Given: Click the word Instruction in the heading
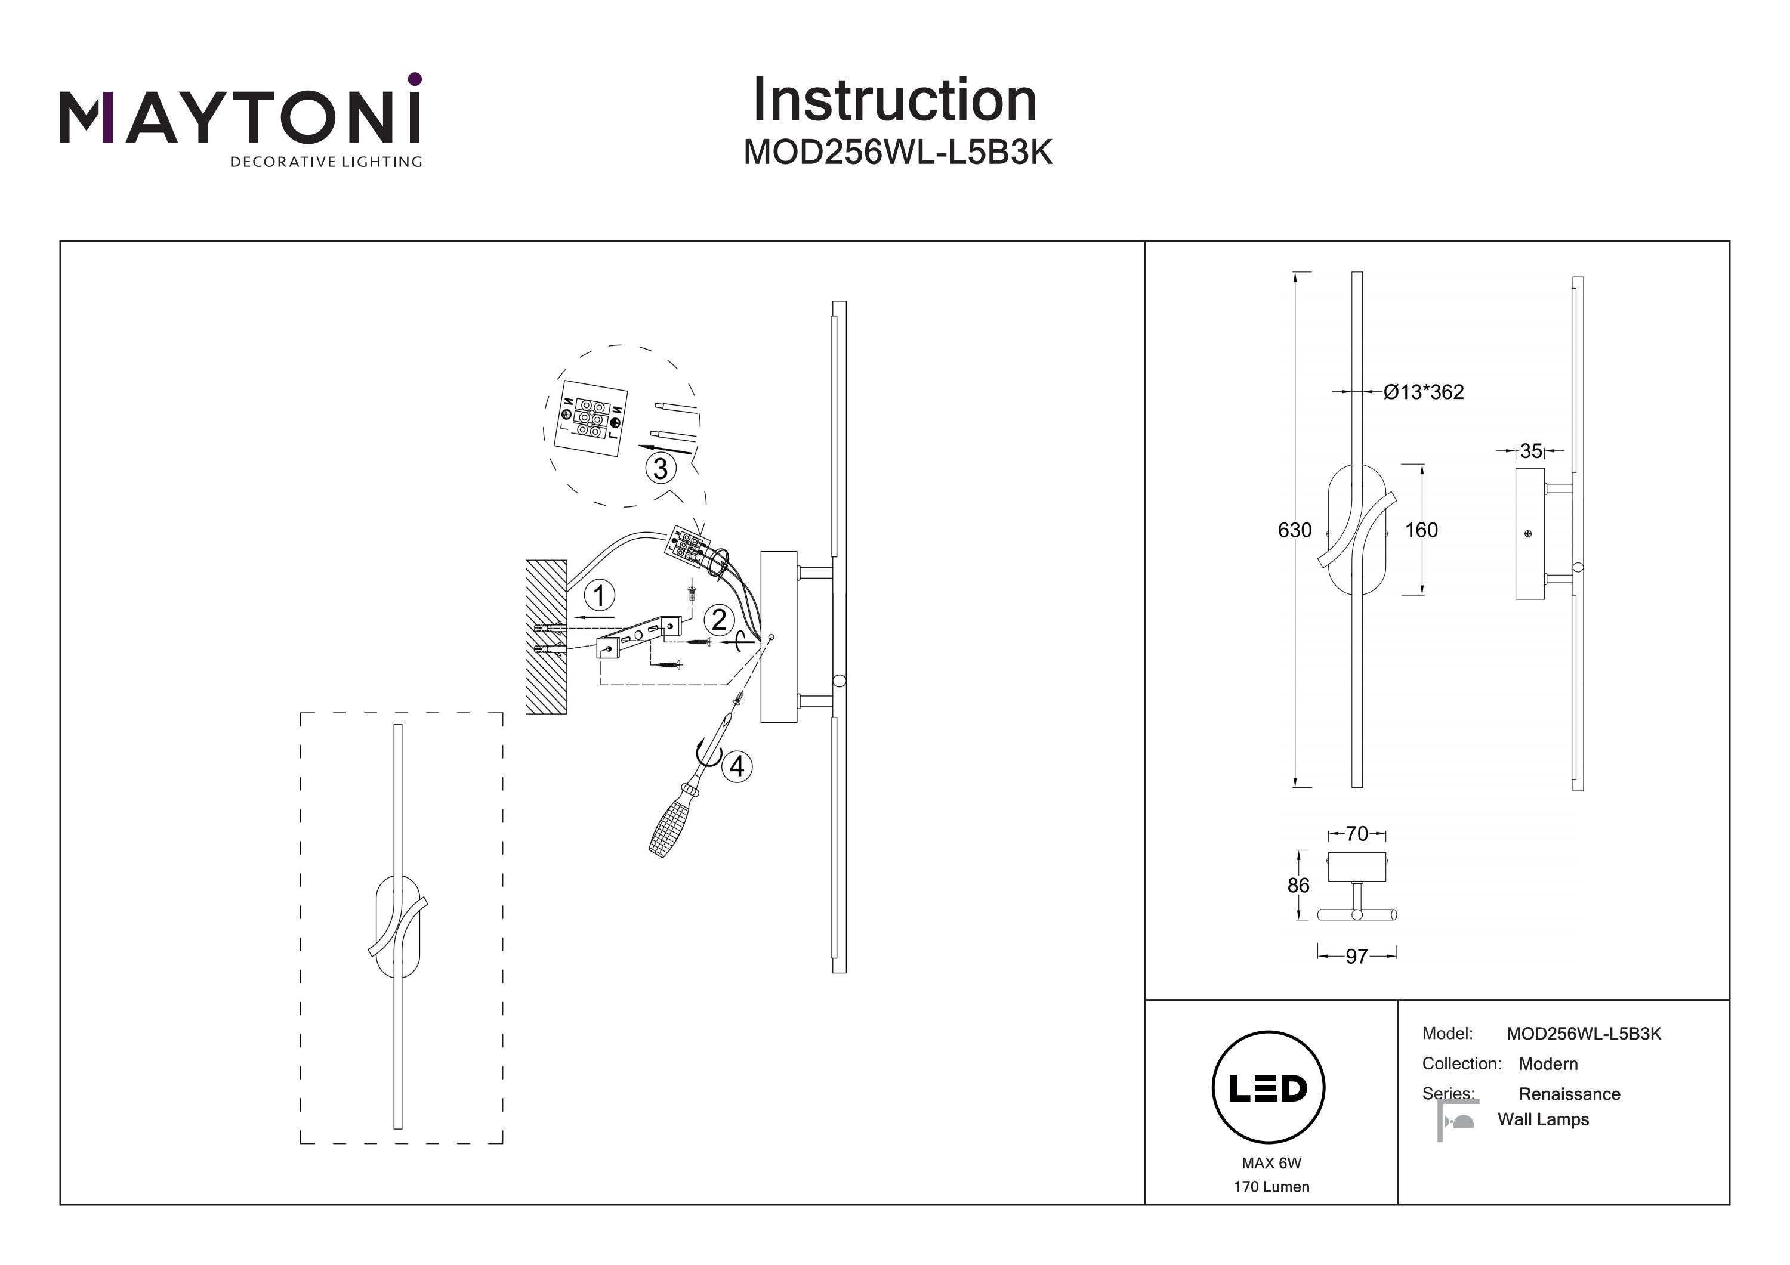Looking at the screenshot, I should pyautogui.click(x=894, y=101).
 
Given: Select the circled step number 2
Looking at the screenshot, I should pyautogui.click(x=719, y=620).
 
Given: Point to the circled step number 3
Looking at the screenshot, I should pyautogui.click(x=661, y=468).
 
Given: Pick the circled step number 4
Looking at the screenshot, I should pyautogui.click(x=737, y=766).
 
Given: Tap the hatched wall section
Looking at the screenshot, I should pyautogui.click(x=546, y=637).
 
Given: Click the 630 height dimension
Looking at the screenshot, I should pyautogui.click(x=1294, y=530).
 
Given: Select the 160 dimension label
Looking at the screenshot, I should pyautogui.click(x=1421, y=530).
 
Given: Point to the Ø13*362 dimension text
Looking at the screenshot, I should pyautogui.click(x=1424, y=392).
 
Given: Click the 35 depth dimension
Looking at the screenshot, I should pyautogui.click(x=1530, y=450).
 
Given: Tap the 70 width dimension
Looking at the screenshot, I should pyautogui.click(x=1357, y=834).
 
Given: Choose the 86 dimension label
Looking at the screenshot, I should pyautogui.click(x=1298, y=886).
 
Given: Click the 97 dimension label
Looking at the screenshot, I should pyautogui.click(x=1357, y=955).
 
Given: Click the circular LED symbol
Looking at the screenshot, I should pyautogui.click(x=1269, y=1088).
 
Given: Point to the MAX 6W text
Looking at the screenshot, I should pyautogui.click(x=1271, y=1163).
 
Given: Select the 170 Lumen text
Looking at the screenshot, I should pyautogui.click(x=1271, y=1187).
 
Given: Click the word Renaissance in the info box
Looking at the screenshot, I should pyautogui.click(x=1569, y=1094).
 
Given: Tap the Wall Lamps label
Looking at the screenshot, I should pyautogui.click(x=1543, y=1119).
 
